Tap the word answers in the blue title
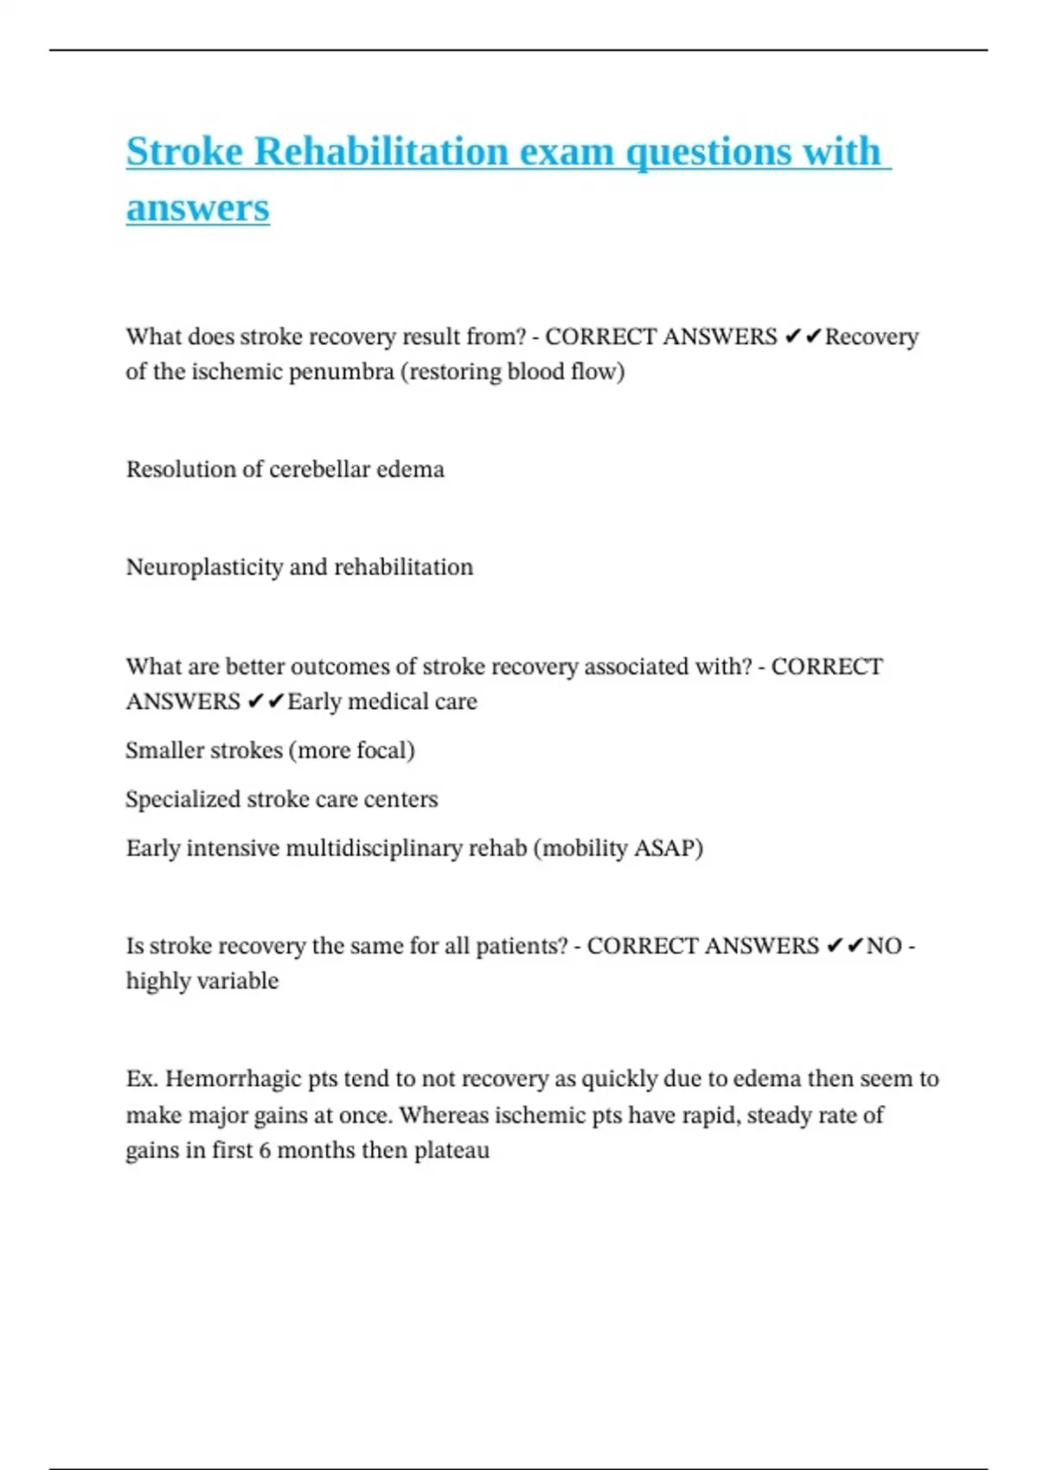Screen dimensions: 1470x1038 pos(197,208)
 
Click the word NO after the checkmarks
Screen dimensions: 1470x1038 pos(884,946)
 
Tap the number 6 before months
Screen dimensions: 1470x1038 pos(265,1151)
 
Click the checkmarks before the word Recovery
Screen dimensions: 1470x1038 pos(802,337)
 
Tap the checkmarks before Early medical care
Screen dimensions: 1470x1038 pos(265,702)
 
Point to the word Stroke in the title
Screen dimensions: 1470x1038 pos(184,151)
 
